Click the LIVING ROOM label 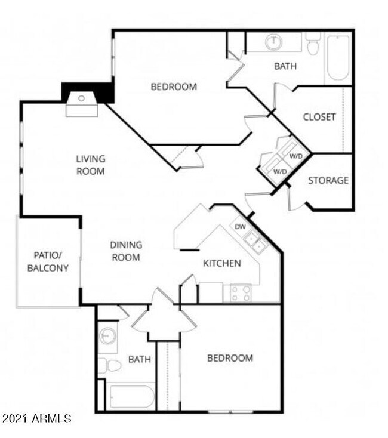click(x=91, y=165)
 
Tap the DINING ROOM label click(x=126, y=251)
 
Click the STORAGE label click(x=328, y=180)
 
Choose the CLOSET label click(x=319, y=117)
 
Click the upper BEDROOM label click(x=173, y=87)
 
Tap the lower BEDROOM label click(x=230, y=358)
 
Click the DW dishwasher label click(x=241, y=227)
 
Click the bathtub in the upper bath click(x=338, y=58)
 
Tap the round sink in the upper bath click(x=274, y=42)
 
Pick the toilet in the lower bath click(x=109, y=365)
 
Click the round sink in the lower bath click(x=107, y=335)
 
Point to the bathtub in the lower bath click(x=130, y=396)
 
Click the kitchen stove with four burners click(x=241, y=293)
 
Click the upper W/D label click(x=295, y=156)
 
